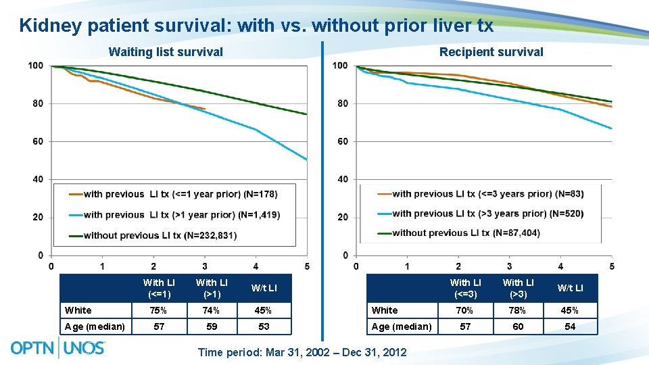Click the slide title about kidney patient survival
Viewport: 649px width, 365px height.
coord(256,26)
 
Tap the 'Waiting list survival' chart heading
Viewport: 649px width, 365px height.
coord(166,52)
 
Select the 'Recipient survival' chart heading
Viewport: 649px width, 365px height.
coord(491,52)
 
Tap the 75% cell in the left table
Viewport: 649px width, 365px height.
coord(159,311)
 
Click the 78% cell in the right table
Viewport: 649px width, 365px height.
coord(518,310)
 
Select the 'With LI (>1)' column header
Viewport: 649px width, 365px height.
coord(212,288)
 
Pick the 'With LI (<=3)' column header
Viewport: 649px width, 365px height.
coord(466,287)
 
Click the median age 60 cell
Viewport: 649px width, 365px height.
coord(518,326)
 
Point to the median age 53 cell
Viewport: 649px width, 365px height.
coord(264,326)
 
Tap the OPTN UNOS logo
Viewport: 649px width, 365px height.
coord(58,348)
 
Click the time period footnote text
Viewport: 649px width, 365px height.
coord(302,352)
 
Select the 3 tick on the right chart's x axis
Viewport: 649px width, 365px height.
coord(509,266)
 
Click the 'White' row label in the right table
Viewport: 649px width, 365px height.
coord(385,310)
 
